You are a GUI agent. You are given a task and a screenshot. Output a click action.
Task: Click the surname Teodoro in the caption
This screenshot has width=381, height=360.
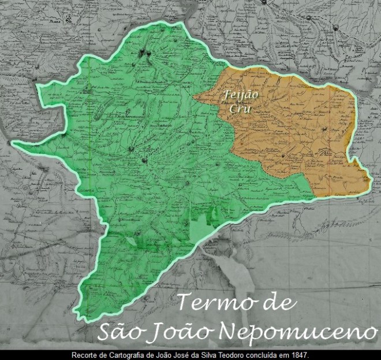(x=240, y=354)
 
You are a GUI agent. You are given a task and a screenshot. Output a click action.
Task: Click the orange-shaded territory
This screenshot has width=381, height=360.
(x=300, y=139)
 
